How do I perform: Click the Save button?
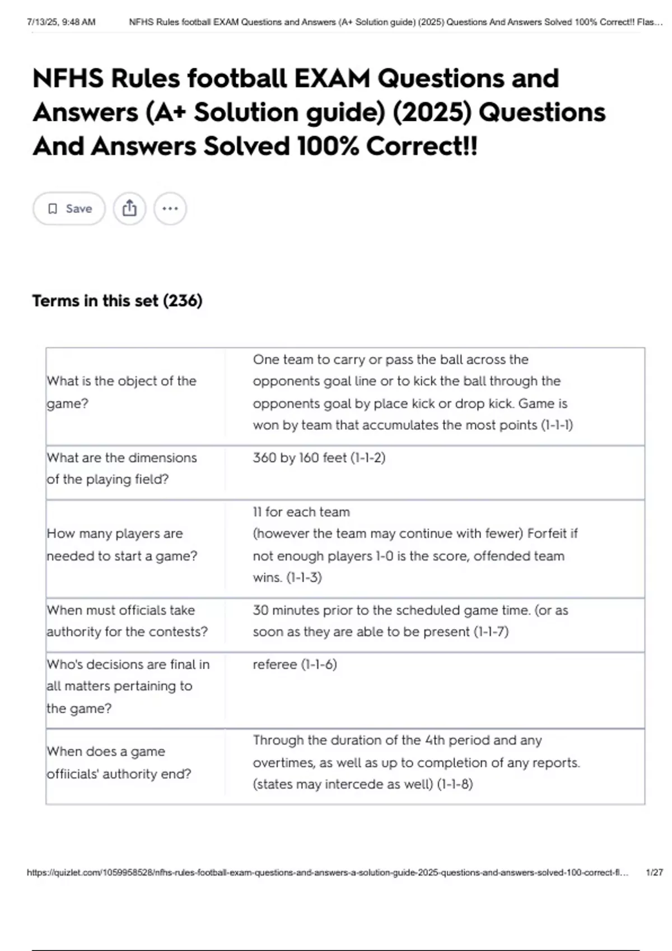(69, 209)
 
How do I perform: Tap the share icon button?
(129, 209)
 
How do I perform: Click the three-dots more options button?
(170, 209)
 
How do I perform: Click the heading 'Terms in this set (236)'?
(117, 301)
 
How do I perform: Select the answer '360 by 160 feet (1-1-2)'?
(319, 458)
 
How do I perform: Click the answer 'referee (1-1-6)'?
(295, 665)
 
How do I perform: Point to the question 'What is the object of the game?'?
(122, 392)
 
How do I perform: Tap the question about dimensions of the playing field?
(122, 468)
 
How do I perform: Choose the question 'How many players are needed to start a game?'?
(122, 544)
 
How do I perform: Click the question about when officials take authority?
(127, 621)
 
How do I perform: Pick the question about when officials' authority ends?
(119, 762)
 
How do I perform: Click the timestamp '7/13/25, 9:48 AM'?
(61, 22)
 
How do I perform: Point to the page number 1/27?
(654, 872)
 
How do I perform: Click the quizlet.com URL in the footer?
(327, 872)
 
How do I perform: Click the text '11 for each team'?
(301, 512)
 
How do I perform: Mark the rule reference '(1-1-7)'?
(491, 632)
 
